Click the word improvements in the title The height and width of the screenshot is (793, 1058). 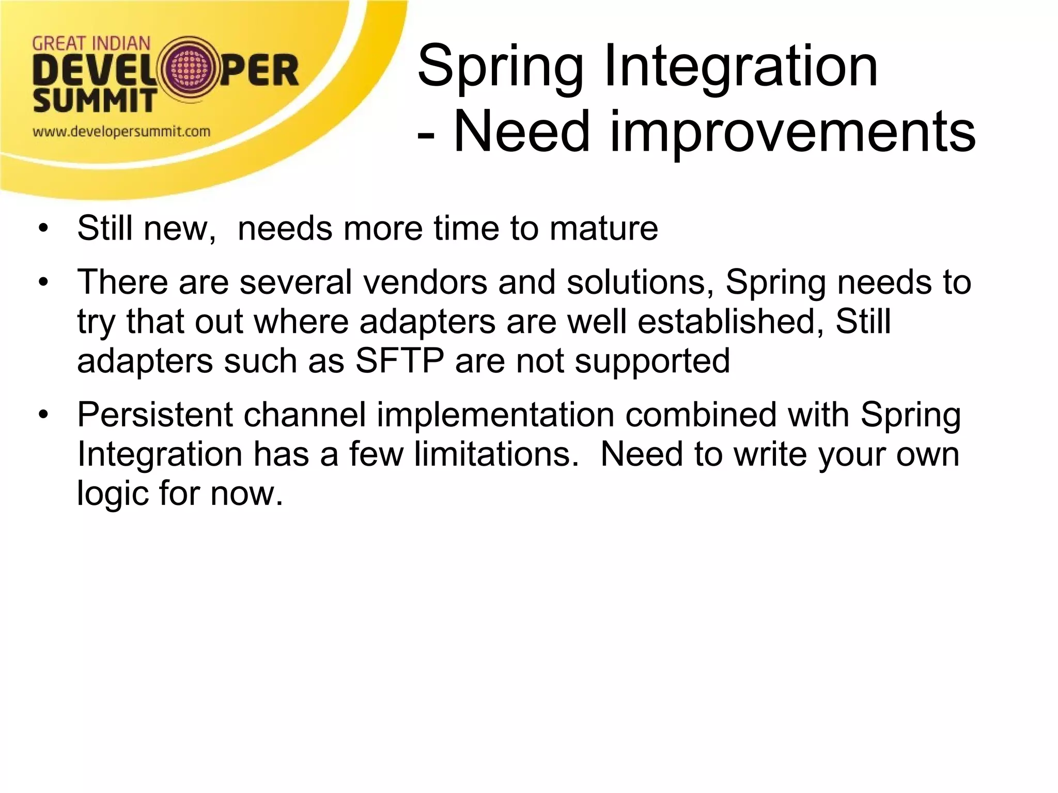pyautogui.click(x=792, y=133)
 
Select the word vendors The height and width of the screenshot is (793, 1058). pyautogui.click(x=425, y=282)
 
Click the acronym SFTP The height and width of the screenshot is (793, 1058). pyautogui.click(x=399, y=361)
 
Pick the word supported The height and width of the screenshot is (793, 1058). pyautogui.click(x=652, y=362)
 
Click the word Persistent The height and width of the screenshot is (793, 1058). pyautogui.click(x=155, y=415)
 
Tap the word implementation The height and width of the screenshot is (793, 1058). pyautogui.click(x=495, y=416)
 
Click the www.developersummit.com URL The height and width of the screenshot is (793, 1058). pyautogui.click(x=121, y=132)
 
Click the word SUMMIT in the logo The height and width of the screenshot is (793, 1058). pyautogui.click(x=94, y=100)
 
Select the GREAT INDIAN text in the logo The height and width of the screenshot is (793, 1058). pyautogui.click(x=91, y=43)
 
